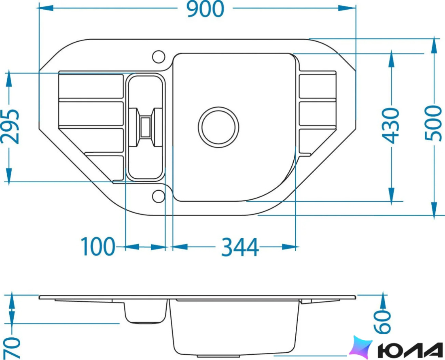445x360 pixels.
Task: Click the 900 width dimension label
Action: coord(206,9)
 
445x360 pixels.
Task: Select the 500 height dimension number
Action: coord(433,123)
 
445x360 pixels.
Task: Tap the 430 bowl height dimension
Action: coord(390,125)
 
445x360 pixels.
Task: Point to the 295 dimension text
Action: coord(11,126)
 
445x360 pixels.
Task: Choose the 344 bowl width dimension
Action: coord(240,247)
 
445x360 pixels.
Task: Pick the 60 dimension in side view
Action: coord(382,322)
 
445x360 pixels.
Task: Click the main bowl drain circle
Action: coord(218,127)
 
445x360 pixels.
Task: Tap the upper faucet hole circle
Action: coord(159,57)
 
